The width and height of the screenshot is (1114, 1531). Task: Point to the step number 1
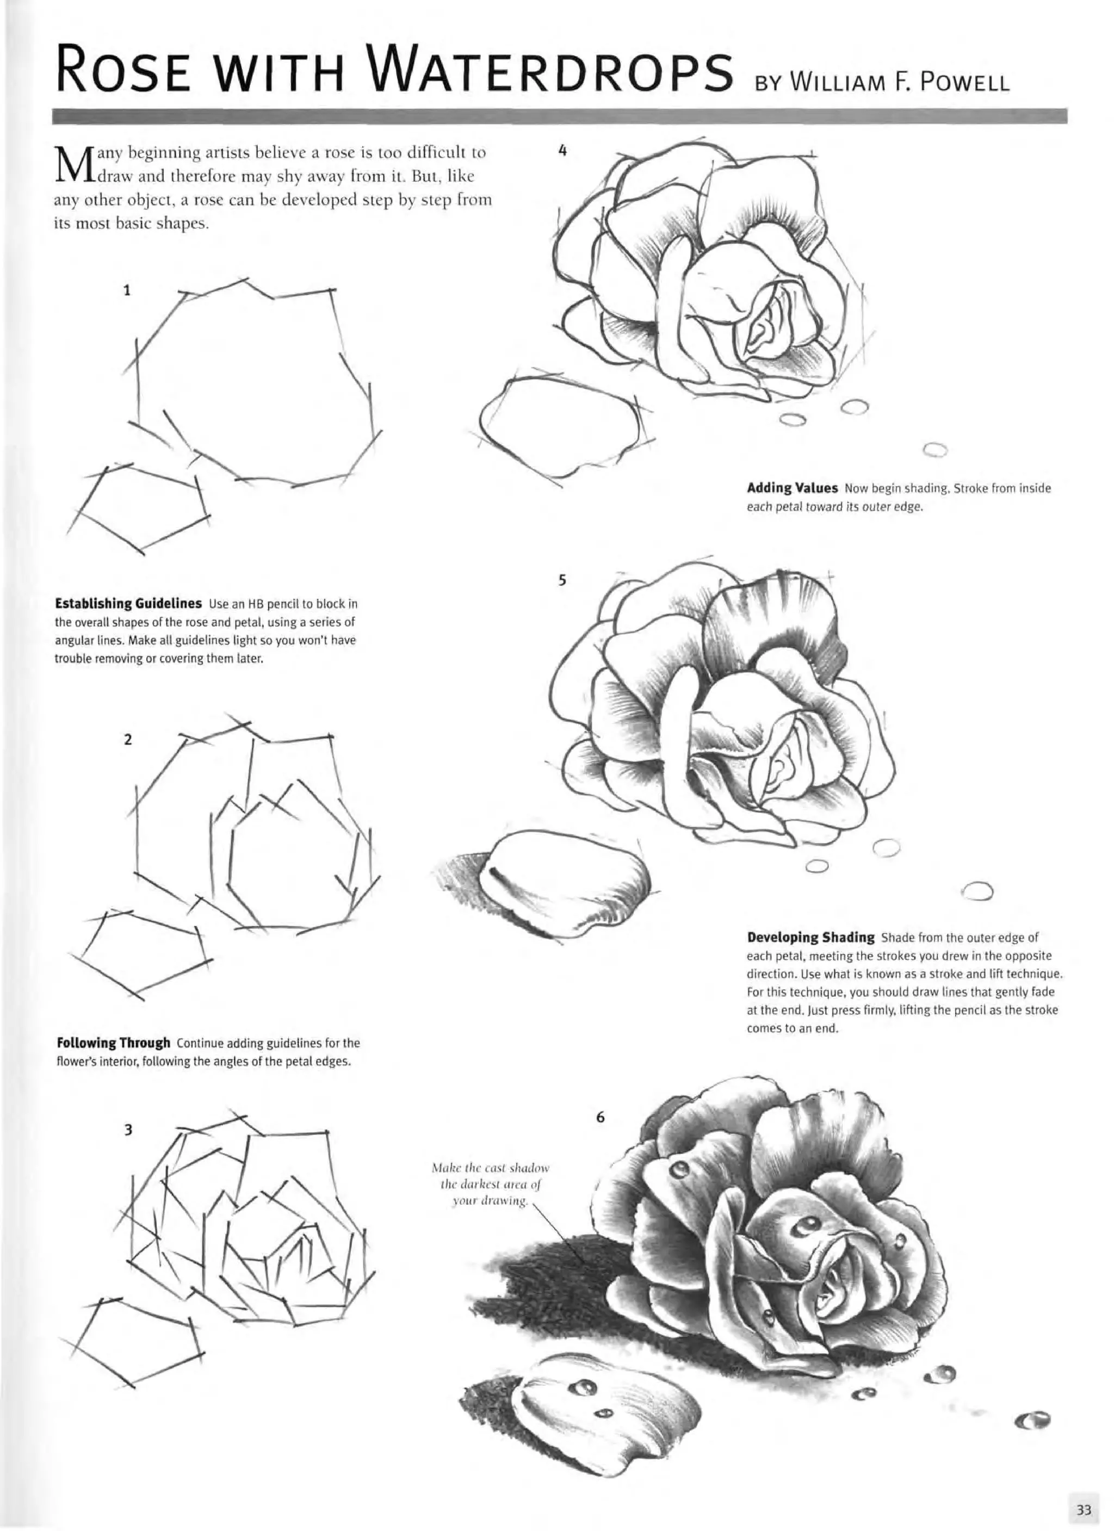coord(126,291)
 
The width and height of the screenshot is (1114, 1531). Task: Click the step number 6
coord(599,1117)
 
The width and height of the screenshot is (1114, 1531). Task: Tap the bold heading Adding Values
coord(792,487)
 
